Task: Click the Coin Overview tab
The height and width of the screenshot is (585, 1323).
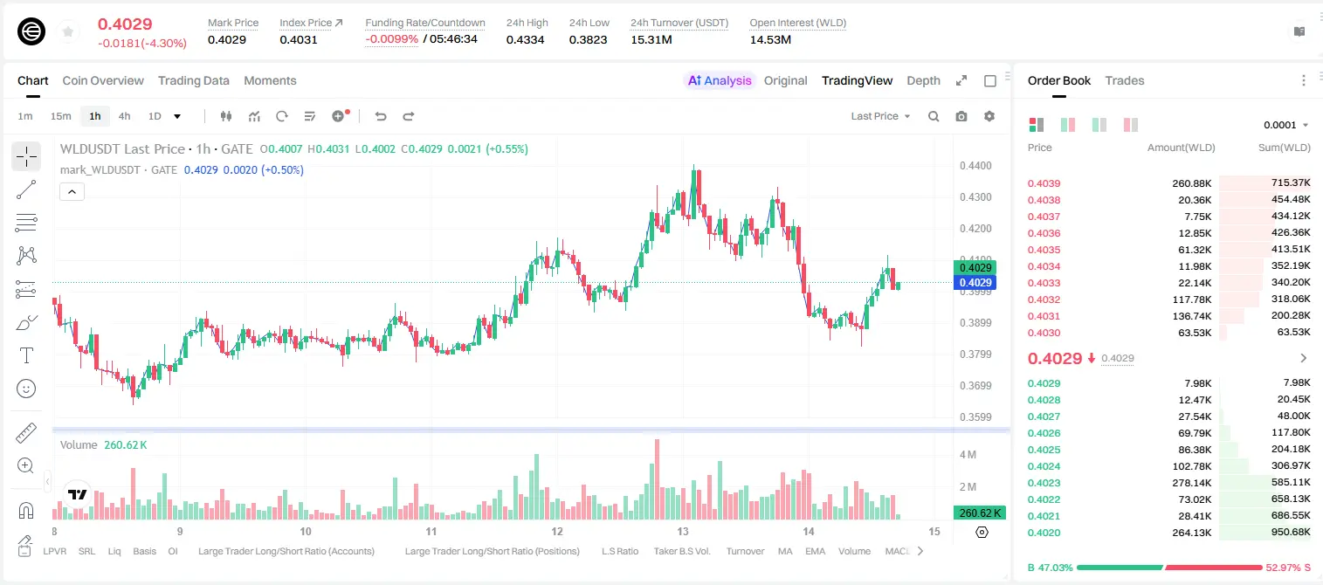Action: pos(103,80)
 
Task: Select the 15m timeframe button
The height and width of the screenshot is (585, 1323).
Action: pos(61,116)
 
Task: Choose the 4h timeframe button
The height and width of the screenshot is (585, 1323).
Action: pos(124,116)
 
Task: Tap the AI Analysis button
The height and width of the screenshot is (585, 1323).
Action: pos(720,80)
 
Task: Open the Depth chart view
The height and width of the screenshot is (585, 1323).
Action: pos(923,80)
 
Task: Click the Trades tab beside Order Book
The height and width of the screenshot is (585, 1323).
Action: pos(1125,80)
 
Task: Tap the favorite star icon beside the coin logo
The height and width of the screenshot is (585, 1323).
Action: pos(68,32)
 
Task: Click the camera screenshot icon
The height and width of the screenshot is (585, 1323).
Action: pos(961,116)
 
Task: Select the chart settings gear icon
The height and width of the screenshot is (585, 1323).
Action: pos(989,116)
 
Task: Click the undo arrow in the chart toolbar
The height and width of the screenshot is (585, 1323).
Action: pos(381,116)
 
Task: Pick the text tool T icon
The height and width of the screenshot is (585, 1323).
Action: pos(26,355)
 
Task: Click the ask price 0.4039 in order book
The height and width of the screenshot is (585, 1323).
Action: pos(1044,183)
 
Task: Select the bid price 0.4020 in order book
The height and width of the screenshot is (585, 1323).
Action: pos(1044,533)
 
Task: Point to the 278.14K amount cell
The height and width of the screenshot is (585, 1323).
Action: pos(1192,483)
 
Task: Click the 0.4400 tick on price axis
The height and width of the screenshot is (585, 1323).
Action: pos(975,166)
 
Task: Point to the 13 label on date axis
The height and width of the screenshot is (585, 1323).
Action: pos(683,531)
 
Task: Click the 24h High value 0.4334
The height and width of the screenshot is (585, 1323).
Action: pos(525,39)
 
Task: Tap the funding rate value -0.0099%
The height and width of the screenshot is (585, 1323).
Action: pos(391,39)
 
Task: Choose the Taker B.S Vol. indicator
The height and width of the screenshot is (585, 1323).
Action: pos(681,551)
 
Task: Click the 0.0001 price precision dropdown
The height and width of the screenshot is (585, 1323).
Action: pos(1285,125)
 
